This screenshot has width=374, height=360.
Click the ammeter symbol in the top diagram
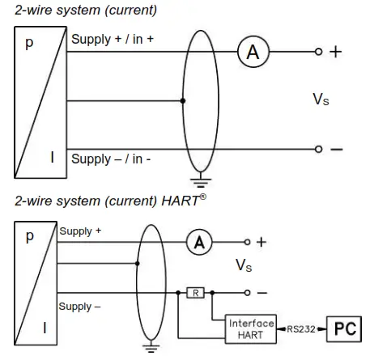253,53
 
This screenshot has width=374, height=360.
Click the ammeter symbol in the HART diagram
198,242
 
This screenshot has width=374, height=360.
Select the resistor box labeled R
194,291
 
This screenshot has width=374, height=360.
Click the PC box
346,330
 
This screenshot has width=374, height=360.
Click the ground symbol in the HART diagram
148,349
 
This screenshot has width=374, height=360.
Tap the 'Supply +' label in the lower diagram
80,231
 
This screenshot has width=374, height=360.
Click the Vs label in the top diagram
321,100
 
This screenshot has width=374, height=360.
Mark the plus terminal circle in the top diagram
319,53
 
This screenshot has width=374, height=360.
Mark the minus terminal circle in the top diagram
319,150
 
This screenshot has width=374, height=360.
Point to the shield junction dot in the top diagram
184,101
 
